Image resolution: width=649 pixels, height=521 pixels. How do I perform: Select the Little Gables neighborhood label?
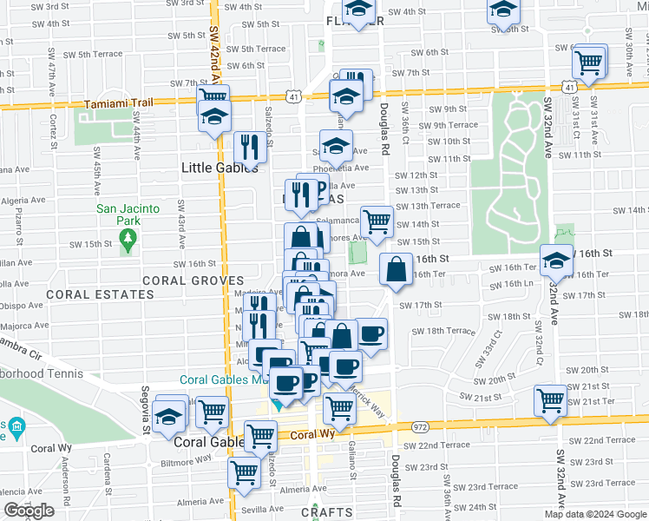(x=220, y=168)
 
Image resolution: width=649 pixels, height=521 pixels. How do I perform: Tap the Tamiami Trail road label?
(x=118, y=102)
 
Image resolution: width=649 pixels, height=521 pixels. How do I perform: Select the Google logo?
(x=29, y=511)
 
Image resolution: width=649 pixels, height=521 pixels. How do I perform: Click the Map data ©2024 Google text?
(x=595, y=514)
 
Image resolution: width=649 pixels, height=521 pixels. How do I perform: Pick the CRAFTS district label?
(x=327, y=513)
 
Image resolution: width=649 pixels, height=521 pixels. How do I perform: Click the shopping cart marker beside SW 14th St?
(x=377, y=221)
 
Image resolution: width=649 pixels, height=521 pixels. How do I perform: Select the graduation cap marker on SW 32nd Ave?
(x=555, y=258)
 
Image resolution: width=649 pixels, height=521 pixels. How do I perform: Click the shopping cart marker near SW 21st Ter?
(x=550, y=399)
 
